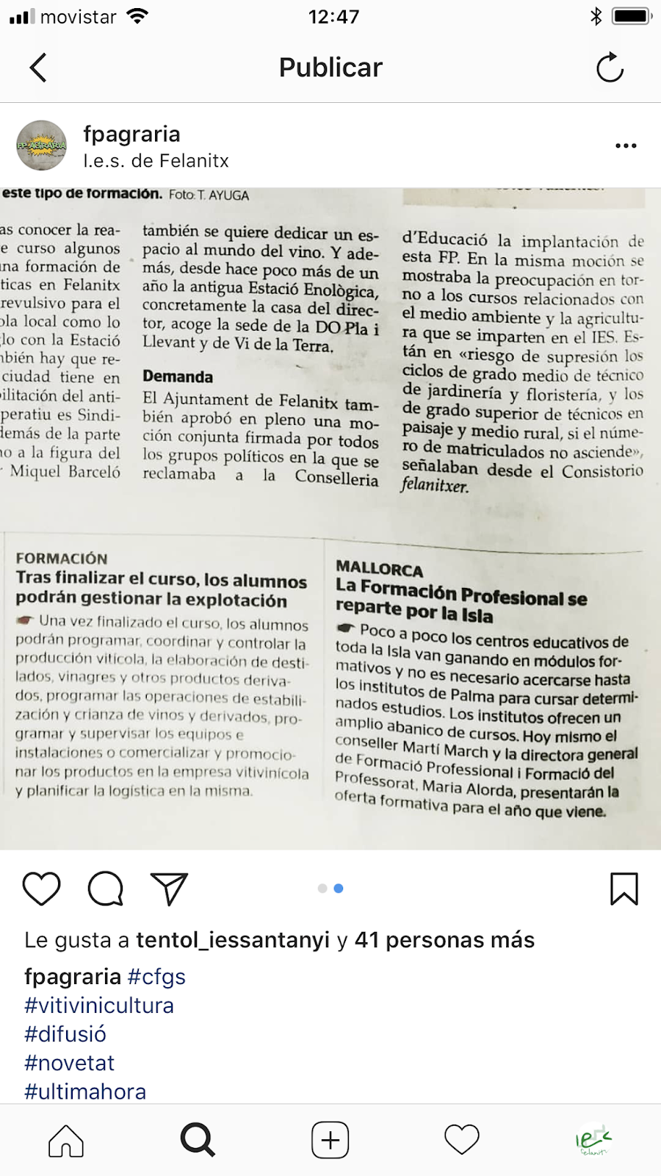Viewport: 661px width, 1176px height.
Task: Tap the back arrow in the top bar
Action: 38,68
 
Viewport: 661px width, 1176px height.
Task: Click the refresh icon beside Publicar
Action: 610,68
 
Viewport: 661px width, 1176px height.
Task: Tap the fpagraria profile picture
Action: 42,146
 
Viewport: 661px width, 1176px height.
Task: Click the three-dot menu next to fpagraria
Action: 626,146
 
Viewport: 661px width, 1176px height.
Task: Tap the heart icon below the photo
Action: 42,889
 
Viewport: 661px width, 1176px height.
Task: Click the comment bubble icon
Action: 106,889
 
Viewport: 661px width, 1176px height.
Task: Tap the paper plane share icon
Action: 170,889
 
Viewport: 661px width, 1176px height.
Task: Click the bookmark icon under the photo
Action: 624,889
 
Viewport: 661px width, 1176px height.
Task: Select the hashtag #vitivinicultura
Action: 99,1005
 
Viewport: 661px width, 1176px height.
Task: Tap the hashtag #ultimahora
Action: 85,1091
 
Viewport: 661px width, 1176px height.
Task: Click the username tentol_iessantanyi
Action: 233,940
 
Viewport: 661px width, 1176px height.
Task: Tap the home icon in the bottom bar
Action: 66,1141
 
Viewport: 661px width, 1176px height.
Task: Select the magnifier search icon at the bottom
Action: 198,1141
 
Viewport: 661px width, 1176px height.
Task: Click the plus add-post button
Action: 330,1141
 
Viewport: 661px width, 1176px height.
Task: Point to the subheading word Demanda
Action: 178,377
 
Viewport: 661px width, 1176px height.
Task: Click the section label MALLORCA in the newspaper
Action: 380,568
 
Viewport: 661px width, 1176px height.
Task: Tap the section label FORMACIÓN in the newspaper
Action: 62,559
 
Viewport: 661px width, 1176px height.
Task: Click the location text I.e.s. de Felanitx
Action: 156,161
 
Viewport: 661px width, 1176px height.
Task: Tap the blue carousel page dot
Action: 339,889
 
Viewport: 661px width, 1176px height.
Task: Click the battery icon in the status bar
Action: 632,16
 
